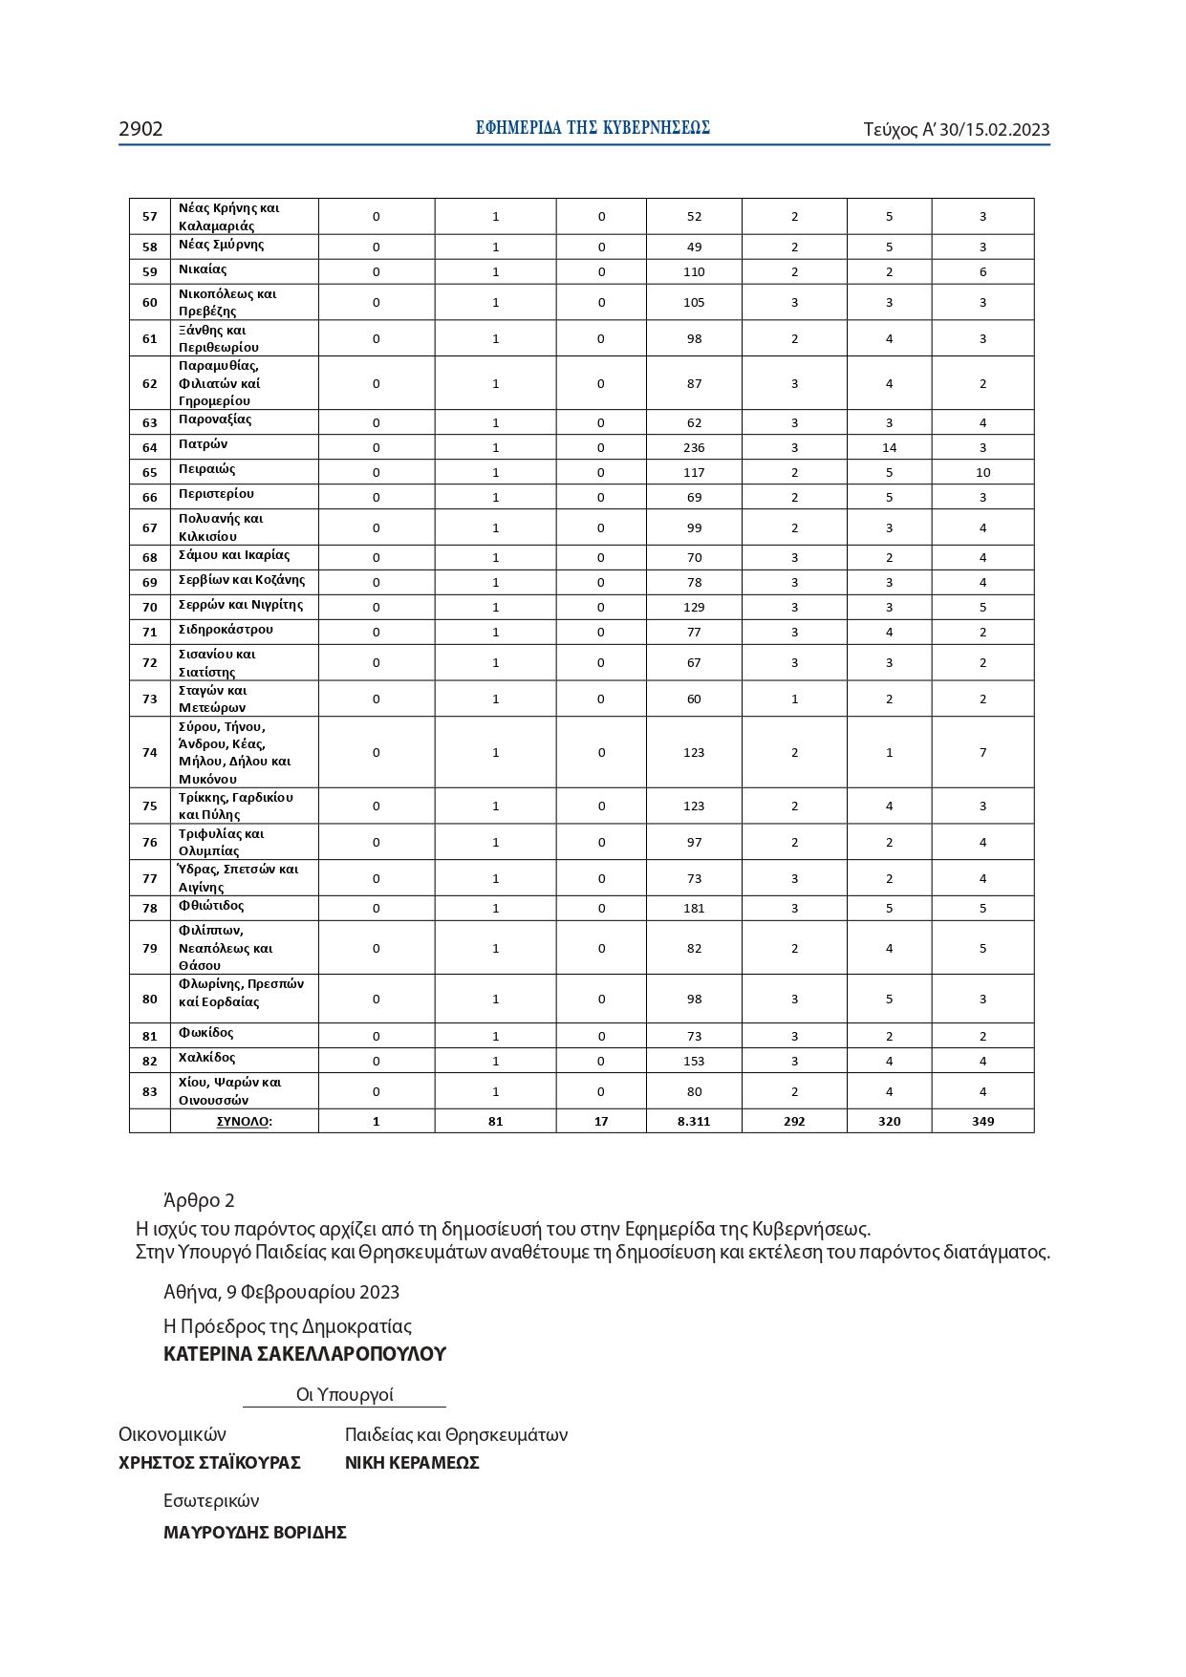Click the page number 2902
[140, 129]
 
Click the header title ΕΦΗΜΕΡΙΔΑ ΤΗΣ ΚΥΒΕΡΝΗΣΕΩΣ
[593, 128]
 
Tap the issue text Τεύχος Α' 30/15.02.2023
[956, 130]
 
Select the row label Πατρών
[203, 444]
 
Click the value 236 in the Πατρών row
[694, 447]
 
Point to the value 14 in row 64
[889, 447]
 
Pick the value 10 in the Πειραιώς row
[982, 472]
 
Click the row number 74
[150, 752]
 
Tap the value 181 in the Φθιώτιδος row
[694, 908]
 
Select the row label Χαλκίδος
[206, 1058]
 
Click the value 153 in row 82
[694, 1061]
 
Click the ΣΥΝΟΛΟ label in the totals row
[244, 1121]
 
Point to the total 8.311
[694, 1121]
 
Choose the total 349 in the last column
[982, 1121]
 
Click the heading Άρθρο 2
[199, 1200]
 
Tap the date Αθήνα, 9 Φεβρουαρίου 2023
[281, 1292]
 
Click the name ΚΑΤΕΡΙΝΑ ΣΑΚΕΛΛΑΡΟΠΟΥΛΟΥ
[304, 1354]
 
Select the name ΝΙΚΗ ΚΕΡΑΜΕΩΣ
[412, 1462]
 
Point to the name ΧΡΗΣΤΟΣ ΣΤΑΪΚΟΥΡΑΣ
[209, 1462]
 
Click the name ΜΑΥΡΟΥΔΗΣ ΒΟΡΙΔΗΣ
[254, 1533]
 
